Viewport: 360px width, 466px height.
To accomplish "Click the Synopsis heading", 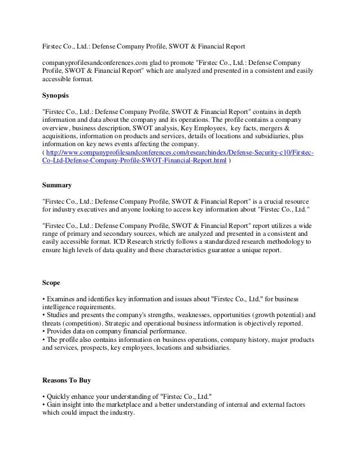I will (58, 96).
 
